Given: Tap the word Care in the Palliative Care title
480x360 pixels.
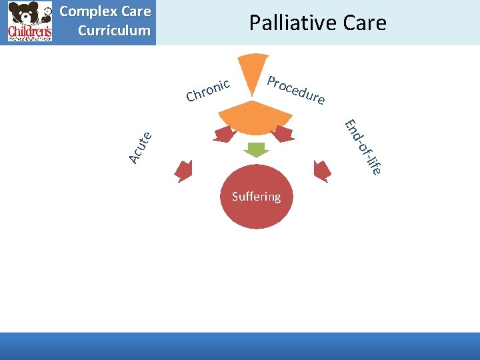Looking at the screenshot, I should tap(362, 23).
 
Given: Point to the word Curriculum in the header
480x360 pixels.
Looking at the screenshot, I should tap(114, 31).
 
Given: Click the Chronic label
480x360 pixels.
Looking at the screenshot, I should tap(208, 90).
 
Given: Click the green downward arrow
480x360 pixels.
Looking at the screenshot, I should tap(256, 150).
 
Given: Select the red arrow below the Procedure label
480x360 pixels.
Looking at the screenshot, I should tap(283, 133).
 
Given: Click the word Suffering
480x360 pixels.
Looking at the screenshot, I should tap(256, 197).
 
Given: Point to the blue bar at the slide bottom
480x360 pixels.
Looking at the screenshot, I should tap(240, 346).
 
